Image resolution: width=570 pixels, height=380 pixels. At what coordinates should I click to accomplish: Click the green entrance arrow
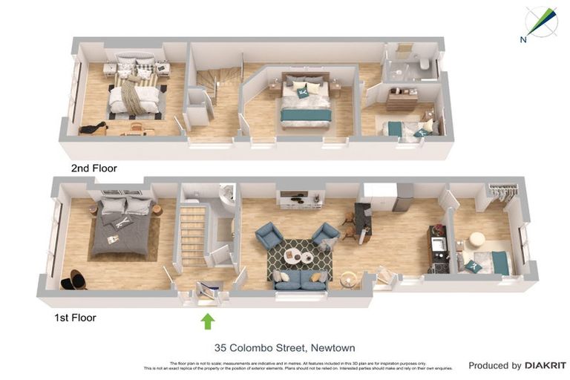(x=208, y=321)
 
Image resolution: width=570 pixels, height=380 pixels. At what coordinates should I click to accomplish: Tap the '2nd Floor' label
(x=94, y=168)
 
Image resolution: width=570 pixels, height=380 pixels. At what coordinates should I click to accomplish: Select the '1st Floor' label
(x=75, y=318)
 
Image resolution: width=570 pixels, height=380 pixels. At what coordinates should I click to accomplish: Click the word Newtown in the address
(x=332, y=347)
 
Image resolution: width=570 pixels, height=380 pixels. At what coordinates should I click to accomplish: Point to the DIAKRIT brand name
(x=546, y=365)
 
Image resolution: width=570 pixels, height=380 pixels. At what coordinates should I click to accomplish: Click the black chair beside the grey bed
(x=73, y=280)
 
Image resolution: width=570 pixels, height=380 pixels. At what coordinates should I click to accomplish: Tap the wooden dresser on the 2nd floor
(x=402, y=99)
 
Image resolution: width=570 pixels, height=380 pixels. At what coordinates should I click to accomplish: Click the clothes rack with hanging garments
(x=502, y=194)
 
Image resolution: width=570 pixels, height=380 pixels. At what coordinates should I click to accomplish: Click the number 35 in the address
(x=221, y=347)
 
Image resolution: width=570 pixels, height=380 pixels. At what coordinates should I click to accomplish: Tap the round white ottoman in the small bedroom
(x=476, y=240)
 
